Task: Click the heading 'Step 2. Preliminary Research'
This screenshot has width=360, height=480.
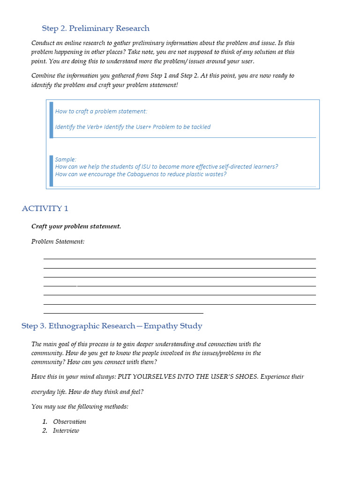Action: coord(96,29)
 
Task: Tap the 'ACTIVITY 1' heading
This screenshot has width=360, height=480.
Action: coord(45,209)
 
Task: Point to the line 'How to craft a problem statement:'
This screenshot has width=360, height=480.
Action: coord(101,111)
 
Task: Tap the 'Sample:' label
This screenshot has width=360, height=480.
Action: coord(66,159)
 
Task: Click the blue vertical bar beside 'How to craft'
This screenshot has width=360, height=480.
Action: coord(51,120)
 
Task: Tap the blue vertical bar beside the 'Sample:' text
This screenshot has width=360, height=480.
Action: coord(51,171)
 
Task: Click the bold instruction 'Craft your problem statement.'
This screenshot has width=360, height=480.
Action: coord(76,226)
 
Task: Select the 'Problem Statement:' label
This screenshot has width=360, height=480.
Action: coord(58,241)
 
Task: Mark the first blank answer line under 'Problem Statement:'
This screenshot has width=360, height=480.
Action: coord(180,258)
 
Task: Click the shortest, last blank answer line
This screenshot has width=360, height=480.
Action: coord(123,313)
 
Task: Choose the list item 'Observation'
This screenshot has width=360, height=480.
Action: coord(69,421)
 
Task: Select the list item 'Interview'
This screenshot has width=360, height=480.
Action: coord(66,430)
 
